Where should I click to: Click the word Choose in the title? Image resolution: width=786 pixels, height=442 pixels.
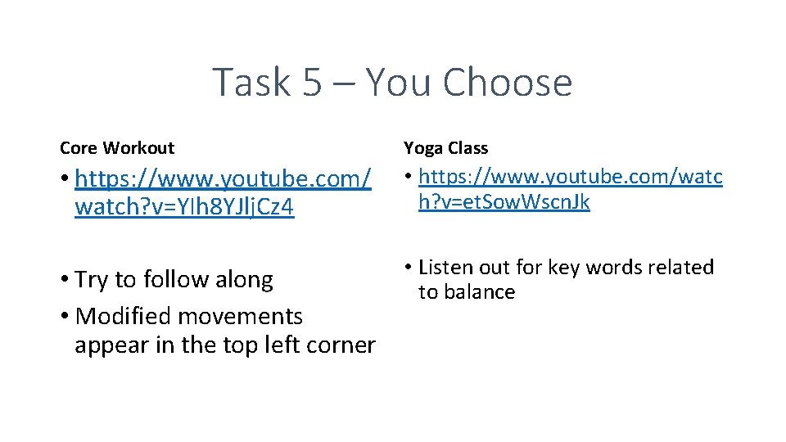507,83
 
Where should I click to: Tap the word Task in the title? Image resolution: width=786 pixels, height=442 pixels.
251,83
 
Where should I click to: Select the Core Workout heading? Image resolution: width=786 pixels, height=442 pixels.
117,148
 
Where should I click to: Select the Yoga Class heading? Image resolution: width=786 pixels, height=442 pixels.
445,148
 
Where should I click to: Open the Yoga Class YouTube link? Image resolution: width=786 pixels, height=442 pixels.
570,188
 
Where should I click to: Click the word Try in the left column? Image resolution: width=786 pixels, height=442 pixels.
92,280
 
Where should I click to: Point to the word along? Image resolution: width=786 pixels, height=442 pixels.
242,280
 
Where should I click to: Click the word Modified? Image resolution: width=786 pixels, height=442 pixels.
123,316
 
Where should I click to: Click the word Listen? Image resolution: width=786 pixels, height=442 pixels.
446,268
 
